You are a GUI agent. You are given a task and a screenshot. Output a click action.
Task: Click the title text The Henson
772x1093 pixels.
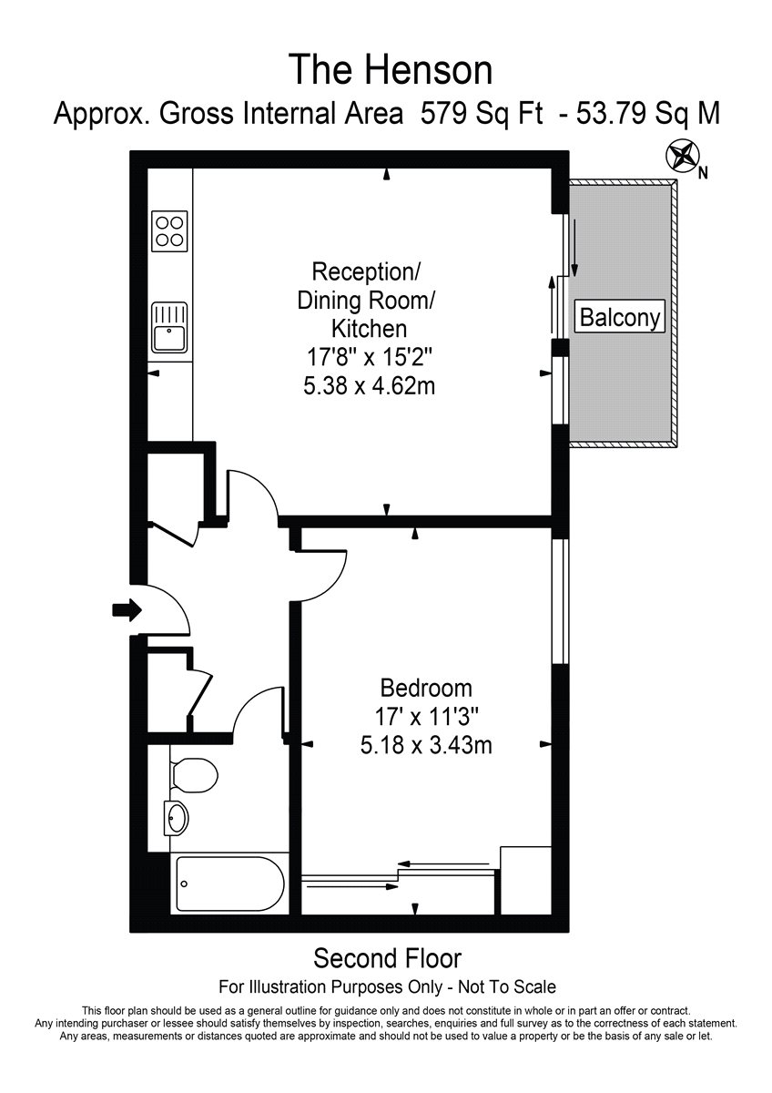391,70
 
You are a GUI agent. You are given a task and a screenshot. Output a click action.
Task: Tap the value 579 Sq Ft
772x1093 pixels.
482,114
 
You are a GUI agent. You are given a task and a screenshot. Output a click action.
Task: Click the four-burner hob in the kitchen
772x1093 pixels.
169,231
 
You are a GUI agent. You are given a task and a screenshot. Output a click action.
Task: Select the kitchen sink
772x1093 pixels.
169,327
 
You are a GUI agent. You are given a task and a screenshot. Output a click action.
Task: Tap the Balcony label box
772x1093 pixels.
620,317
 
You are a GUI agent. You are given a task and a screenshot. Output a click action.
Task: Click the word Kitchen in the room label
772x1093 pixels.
370,329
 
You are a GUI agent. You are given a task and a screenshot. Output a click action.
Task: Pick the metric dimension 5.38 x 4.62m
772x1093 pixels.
370,387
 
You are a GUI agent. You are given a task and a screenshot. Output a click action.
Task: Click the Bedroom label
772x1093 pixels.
426,689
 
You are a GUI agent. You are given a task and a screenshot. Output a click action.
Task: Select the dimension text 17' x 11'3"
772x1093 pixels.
426,718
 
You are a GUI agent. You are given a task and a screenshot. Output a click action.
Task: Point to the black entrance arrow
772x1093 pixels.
127,610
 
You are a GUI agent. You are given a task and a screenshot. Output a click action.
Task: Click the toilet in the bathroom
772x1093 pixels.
194,775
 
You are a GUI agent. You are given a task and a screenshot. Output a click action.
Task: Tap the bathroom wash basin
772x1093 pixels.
177,818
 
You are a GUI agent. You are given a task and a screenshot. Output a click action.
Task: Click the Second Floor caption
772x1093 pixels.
387,959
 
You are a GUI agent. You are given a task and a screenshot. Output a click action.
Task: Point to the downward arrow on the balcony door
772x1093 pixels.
575,249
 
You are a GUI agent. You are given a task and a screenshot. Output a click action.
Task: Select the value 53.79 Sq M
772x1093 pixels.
648,114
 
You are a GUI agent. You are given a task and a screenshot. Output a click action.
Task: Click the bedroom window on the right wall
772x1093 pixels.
560,601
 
